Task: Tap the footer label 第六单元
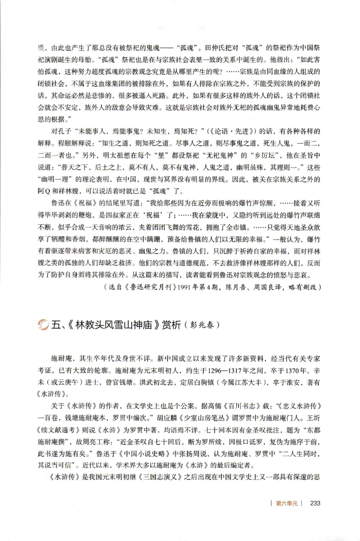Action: pyautogui.click(x=287, y=503)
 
